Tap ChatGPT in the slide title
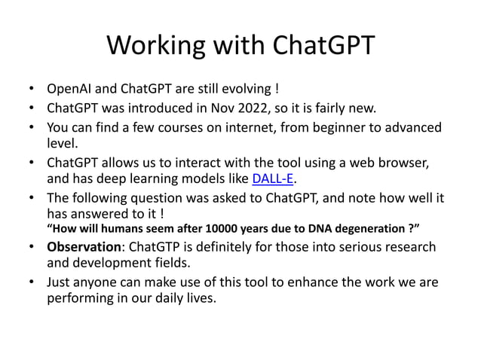pyautogui.click(x=322, y=46)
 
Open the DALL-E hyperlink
pyautogui.click(x=271, y=179)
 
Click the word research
pyautogui.click(x=409, y=247)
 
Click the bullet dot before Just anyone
pyautogui.click(x=31, y=282)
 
